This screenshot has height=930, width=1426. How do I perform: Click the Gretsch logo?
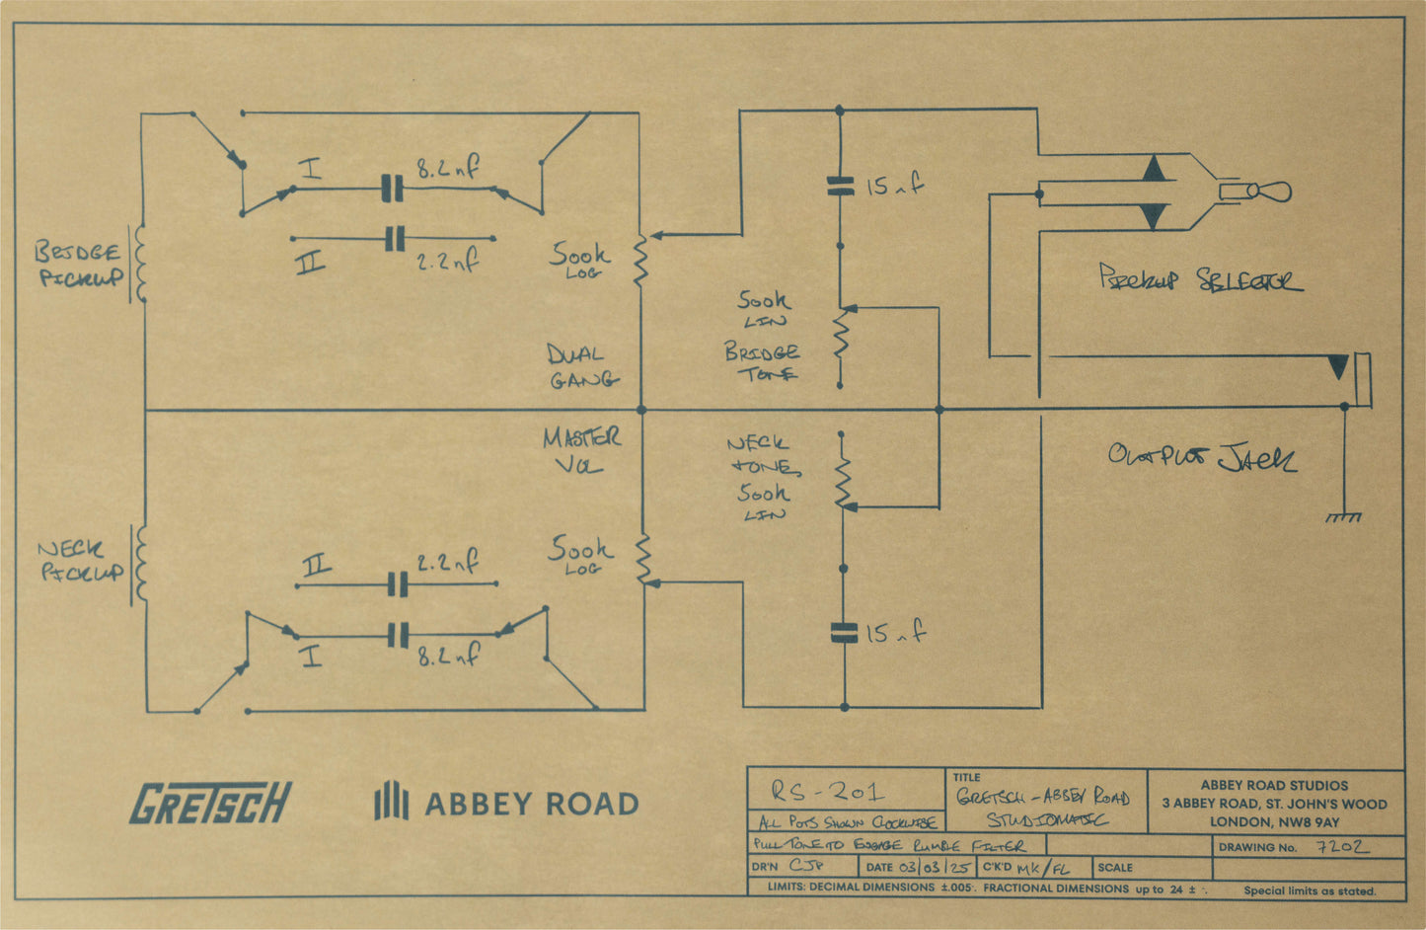[211, 803]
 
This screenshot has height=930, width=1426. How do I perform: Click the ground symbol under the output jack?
[1343, 516]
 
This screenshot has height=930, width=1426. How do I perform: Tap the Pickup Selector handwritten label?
[1199, 279]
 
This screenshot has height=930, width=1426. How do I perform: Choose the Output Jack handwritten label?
[1202, 458]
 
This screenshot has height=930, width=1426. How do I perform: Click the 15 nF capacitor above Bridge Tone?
[840, 185]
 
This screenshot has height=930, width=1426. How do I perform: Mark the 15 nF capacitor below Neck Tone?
[844, 633]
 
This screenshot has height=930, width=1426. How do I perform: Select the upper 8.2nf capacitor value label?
[447, 169]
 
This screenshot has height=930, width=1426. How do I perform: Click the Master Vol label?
[581, 450]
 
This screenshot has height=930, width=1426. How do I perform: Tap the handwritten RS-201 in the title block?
[828, 791]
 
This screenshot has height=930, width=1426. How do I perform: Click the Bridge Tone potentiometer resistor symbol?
[841, 333]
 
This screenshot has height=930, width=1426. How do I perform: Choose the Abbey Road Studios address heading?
[1274, 785]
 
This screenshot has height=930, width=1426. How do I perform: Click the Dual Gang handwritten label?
[581, 366]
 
